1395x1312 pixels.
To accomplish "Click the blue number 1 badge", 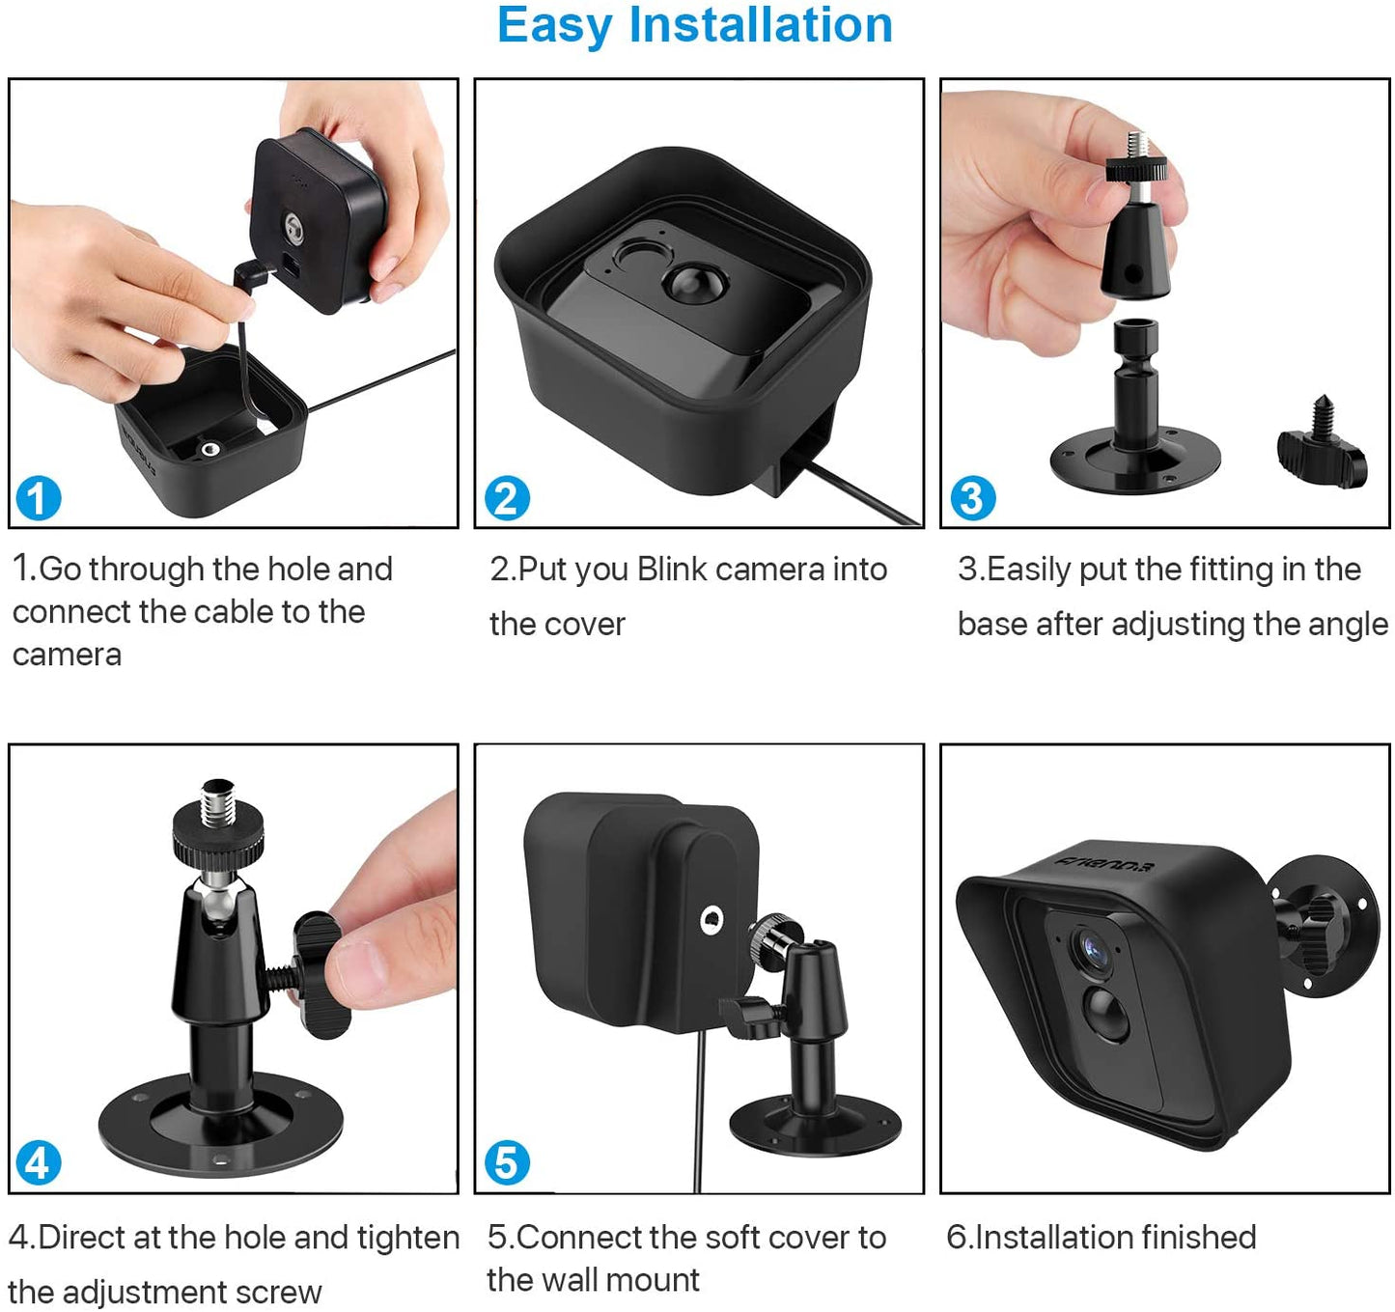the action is coord(38,498).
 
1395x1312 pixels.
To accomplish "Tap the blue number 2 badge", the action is coord(506,498).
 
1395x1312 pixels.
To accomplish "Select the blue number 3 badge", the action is coord(972,498).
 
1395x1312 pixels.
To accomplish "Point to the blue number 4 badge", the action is coord(38,1162).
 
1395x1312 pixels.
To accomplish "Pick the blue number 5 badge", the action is coord(506,1162).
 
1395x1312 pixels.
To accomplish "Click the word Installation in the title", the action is coord(760,25).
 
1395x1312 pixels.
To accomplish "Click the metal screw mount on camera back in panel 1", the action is coord(293,229).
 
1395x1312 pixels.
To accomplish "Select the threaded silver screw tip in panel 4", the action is coord(217,804).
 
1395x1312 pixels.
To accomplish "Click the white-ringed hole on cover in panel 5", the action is coord(712,919).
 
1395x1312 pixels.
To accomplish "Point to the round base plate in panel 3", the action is coord(1135,461).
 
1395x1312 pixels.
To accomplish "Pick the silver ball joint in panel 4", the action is coord(217,895).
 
